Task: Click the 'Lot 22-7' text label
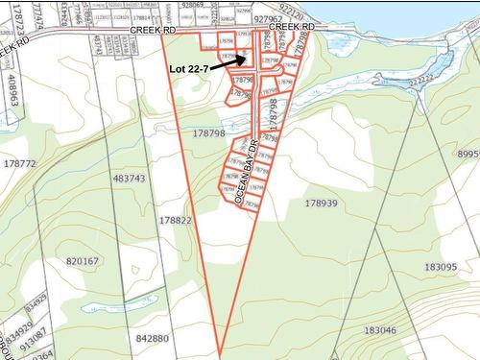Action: click(x=188, y=69)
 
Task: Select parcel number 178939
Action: click(x=322, y=203)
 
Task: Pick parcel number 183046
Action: click(x=380, y=330)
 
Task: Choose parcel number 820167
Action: click(x=83, y=261)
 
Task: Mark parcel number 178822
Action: click(x=177, y=220)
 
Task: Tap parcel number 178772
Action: click(x=19, y=164)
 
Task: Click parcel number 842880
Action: click(x=153, y=338)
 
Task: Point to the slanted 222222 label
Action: click(x=417, y=84)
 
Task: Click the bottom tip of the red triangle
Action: click(x=221, y=353)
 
